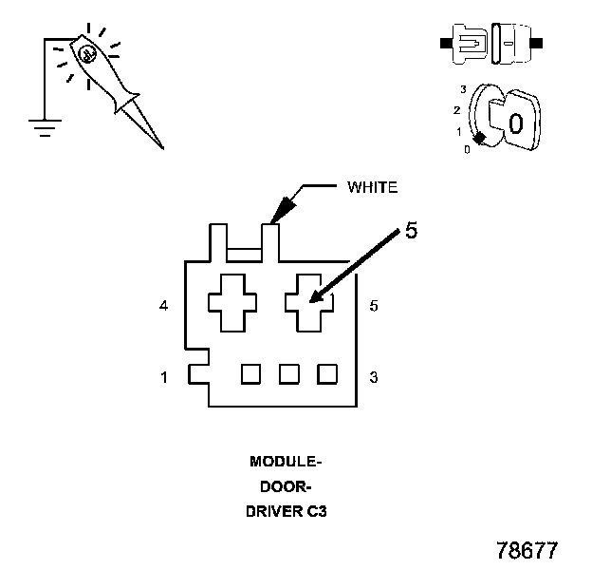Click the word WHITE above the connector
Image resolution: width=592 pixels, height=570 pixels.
[x=373, y=187]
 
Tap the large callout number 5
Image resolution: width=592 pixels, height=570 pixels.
[x=411, y=231]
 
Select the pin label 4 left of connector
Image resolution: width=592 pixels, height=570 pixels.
[x=164, y=306]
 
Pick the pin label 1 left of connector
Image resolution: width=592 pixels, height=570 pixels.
[x=164, y=377]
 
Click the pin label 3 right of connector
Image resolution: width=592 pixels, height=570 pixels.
[x=374, y=377]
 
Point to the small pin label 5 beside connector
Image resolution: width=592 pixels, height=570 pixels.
[x=374, y=306]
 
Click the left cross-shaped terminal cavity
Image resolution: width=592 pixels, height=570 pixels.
[x=233, y=302]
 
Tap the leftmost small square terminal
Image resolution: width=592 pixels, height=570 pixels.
[x=250, y=373]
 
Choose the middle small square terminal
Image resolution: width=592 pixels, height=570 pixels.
[x=289, y=373]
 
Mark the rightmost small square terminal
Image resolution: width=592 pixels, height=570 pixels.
[x=327, y=373]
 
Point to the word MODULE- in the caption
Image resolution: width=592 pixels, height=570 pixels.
[x=286, y=463]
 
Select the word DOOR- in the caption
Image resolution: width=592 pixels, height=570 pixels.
[x=286, y=486]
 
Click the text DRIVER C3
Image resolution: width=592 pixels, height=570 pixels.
[x=286, y=510]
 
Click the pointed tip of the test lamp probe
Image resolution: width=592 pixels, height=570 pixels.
[x=161, y=147]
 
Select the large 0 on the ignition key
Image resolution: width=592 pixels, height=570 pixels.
[x=514, y=123]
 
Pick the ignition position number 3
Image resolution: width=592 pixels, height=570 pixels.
[x=462, y=88]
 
